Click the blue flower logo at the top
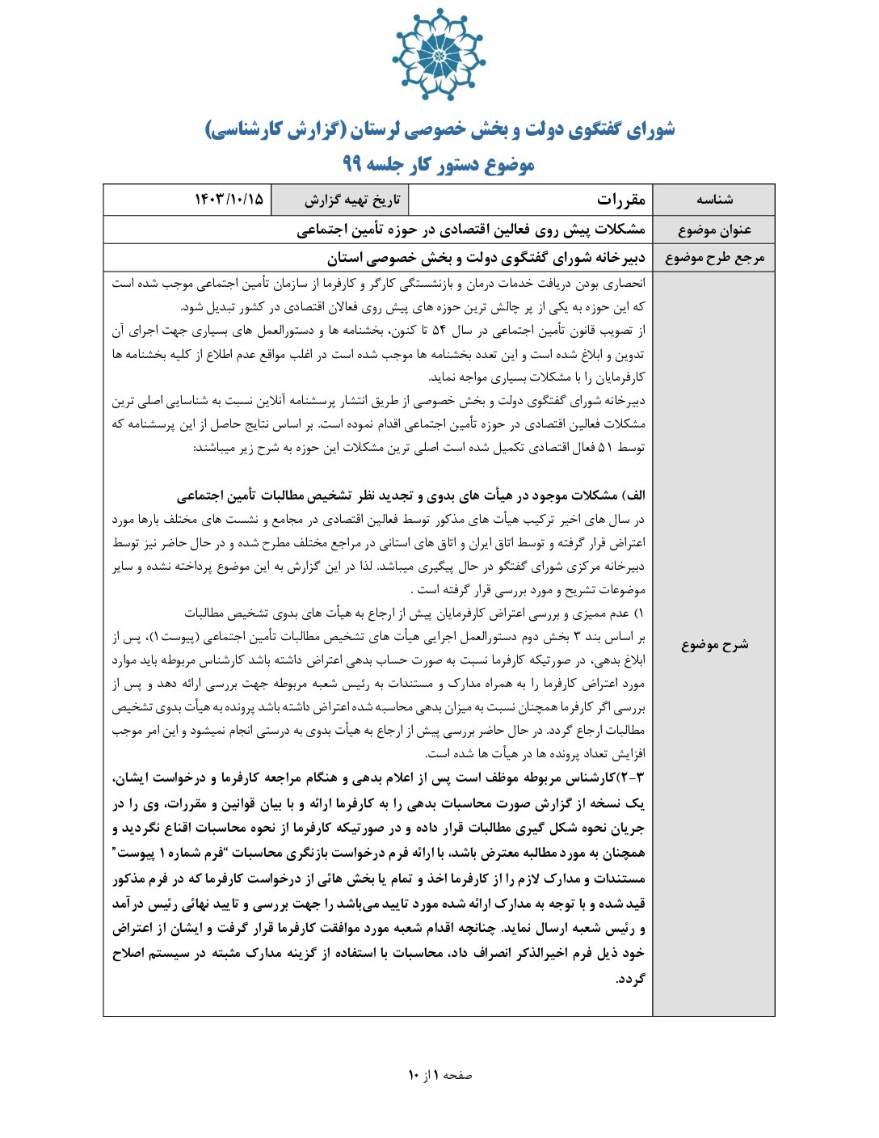pos(438,55)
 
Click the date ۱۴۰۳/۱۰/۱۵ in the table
pos(229,200)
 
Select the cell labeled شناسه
pos(714,200)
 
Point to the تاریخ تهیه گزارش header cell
pos(352,200)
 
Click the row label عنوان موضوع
pos(714,230)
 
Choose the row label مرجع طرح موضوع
pos(714,258)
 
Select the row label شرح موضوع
pos(714,644)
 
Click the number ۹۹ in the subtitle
pos(351,165)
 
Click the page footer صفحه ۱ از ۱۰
pos(439,1075)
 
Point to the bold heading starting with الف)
pos(411,495)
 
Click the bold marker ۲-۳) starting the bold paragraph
pos(631,778)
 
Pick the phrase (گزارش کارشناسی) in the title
pos(275,129)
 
